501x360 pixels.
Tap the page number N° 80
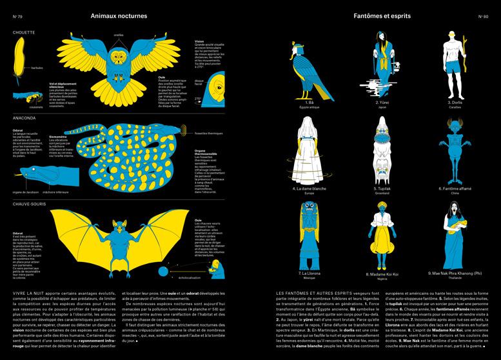pyautogui.click(x=485, y=15)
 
